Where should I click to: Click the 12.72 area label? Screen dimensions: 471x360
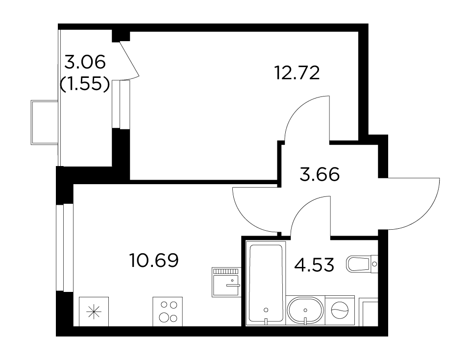coord(297,72)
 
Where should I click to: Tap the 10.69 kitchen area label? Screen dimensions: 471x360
coord(154,260)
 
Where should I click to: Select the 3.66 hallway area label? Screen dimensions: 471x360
coord(320,174)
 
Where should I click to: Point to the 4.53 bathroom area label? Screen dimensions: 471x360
coord(314,265)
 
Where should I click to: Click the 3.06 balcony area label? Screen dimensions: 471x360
coord(85,62)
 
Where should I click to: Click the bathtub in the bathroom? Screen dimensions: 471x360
coord(266,283)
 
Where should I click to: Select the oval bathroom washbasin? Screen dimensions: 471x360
coord(305,311)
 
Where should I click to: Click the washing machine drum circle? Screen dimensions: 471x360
coord(340,310)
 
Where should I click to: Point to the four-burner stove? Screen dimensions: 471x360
coord(168,312)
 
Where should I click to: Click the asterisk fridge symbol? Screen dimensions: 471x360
coord(94,312)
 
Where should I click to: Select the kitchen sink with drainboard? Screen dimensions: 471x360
coord(226,282)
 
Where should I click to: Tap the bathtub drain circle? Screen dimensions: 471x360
coord(266,310)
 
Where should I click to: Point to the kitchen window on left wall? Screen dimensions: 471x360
coord(65,247)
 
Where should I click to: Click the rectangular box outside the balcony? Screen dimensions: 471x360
coord(45,122)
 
